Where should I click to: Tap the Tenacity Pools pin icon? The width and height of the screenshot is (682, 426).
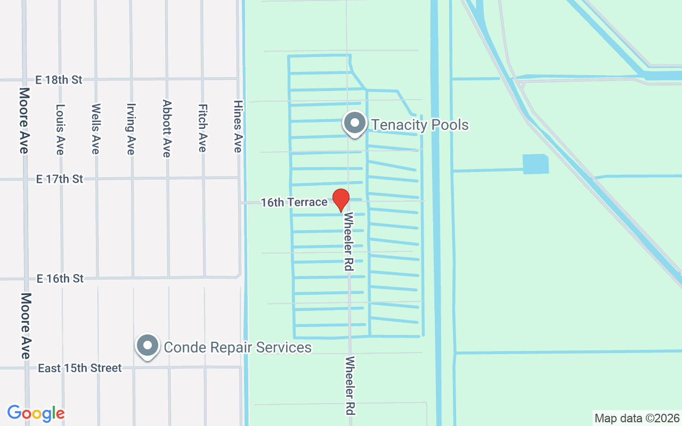[354, 124]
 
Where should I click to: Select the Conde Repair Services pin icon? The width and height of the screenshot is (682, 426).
[148, 346]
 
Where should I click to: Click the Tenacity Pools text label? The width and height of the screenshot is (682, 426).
[420, 125]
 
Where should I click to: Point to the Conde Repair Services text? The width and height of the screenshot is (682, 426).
[238, 348]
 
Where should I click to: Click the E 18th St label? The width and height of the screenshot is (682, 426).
[59, 80]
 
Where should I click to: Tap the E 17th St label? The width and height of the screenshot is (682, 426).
[60, 179]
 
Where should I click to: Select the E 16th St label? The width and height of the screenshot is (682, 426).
[60, 278]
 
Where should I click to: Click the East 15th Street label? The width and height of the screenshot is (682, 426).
[80, 368]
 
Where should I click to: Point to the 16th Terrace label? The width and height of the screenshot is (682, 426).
[294, 202]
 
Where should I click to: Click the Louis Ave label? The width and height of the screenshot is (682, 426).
[60, 129]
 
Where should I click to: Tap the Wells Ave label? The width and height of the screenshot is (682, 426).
[96, 129]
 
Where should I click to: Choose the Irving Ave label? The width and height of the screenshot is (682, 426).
[131, 129]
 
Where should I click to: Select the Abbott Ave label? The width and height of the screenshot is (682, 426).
[167, 129]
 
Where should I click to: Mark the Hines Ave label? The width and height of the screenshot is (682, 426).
[238, 127]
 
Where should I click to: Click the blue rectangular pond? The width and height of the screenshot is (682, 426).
[535, 164]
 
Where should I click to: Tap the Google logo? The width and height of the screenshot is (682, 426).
[36, 413]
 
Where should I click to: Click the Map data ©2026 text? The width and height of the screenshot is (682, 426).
[637, 418]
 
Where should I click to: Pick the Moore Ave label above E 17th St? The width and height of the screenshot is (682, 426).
[24, 121]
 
